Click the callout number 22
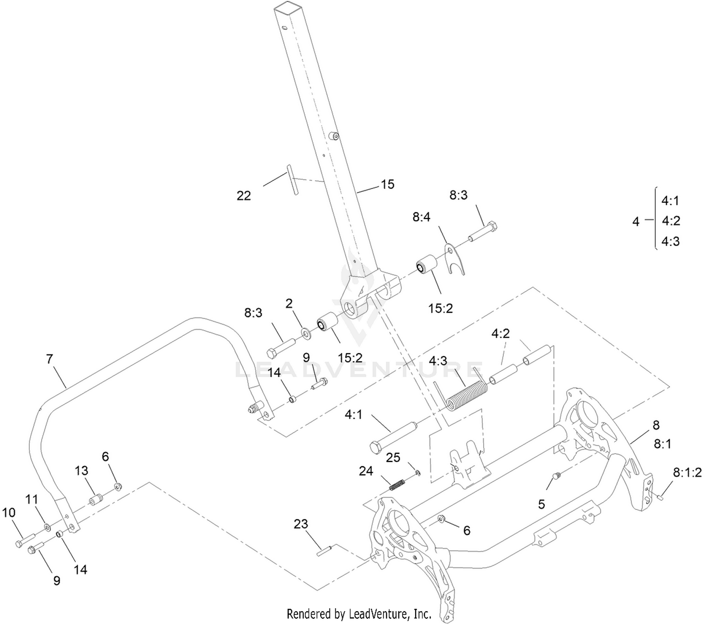[244, 196]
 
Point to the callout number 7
[49, 359]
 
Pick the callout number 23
[301, 524]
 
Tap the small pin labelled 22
[292, 179]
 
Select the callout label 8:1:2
[687, 472]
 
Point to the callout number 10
[9, 513]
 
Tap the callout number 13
[81, 471]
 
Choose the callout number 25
[393, 458]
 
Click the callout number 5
[542, 504]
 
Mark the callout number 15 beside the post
[388, 184]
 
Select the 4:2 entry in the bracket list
[671, 221]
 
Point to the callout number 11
[32, 499]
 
